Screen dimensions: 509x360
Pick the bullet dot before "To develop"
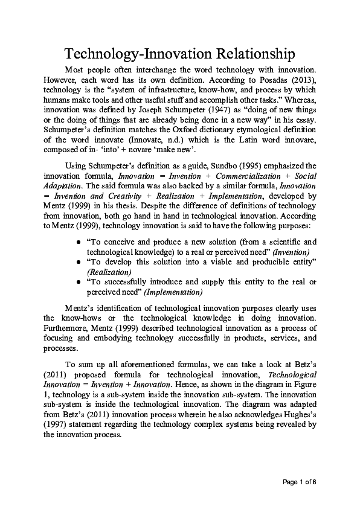click(x=79, y=263)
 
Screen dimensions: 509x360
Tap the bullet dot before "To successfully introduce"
click(x=79, y=283)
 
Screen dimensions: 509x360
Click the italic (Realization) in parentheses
click(x=109, y=272)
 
